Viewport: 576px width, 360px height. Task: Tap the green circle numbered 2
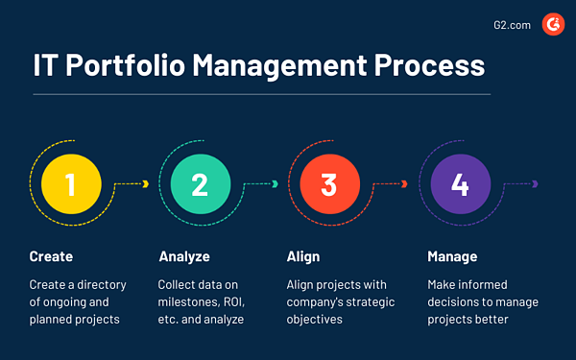(x=199, y=184)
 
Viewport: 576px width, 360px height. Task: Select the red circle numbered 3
(x=329, y=184)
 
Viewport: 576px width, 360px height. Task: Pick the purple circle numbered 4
(x=460, y=184)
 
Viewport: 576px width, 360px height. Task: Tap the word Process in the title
(x=431, y=67)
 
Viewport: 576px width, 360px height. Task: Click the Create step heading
(x=51, y=256)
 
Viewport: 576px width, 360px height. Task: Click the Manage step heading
(x=451, y=256)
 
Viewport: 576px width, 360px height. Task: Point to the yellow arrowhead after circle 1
(x=145, y=184)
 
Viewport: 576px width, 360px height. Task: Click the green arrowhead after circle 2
(x=276, y=184)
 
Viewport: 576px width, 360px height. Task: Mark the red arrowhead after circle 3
(x=405, y=184)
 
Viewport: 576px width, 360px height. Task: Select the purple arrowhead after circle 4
(x=535, y=184)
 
